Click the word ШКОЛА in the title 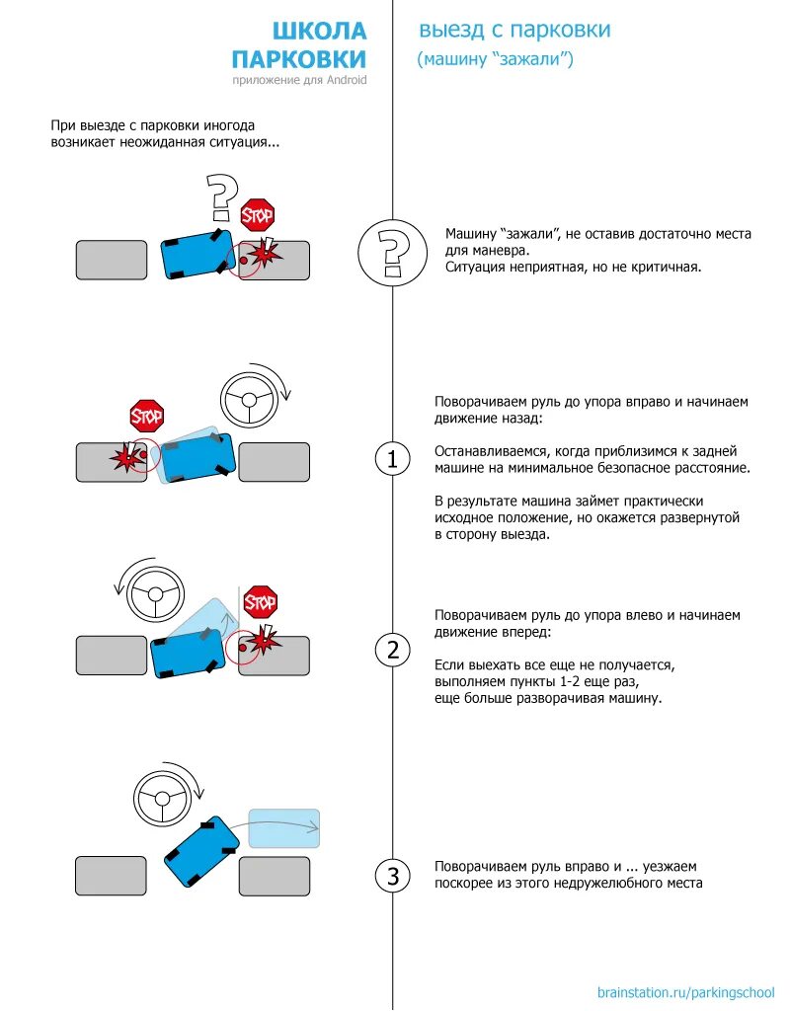click(x=318, y=32)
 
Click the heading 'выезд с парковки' click(x=514, y=30)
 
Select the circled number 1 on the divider click(x=392, y=459)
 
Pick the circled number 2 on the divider click(x=392, y=650)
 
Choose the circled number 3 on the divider click(x=392, y=876)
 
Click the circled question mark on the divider click(x=392, y=253)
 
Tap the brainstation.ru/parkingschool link click(x=685, y=991)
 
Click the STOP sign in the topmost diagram click(x=258, y=213)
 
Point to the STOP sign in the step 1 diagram click(x=147, y=416)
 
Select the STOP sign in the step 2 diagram click(x=261, y=600)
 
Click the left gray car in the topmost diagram click(x=112, y=260)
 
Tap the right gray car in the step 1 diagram click(x=274, y=462)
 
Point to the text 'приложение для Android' click(x=299, y=80)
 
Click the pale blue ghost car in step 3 click(x=284, y=828)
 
